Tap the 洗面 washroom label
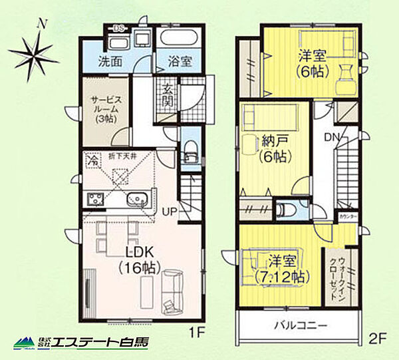110,62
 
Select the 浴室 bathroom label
180,62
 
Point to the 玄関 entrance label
169,96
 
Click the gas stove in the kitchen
94,198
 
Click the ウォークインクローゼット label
337,276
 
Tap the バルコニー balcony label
299,327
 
